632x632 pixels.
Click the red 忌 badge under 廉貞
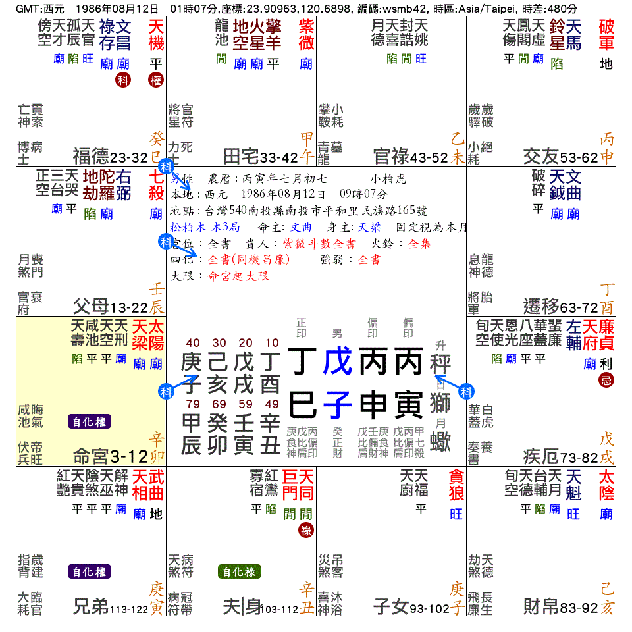coord(606,380)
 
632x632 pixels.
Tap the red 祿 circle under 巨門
coord(306,529)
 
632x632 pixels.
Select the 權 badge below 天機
coord(156,80)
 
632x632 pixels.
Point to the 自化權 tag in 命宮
coord(90,422)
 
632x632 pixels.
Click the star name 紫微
coord(306,35)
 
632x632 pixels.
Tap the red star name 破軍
coord(606,35)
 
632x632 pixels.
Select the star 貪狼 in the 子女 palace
coord(456,484)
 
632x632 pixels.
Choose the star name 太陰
coord(606,484)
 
